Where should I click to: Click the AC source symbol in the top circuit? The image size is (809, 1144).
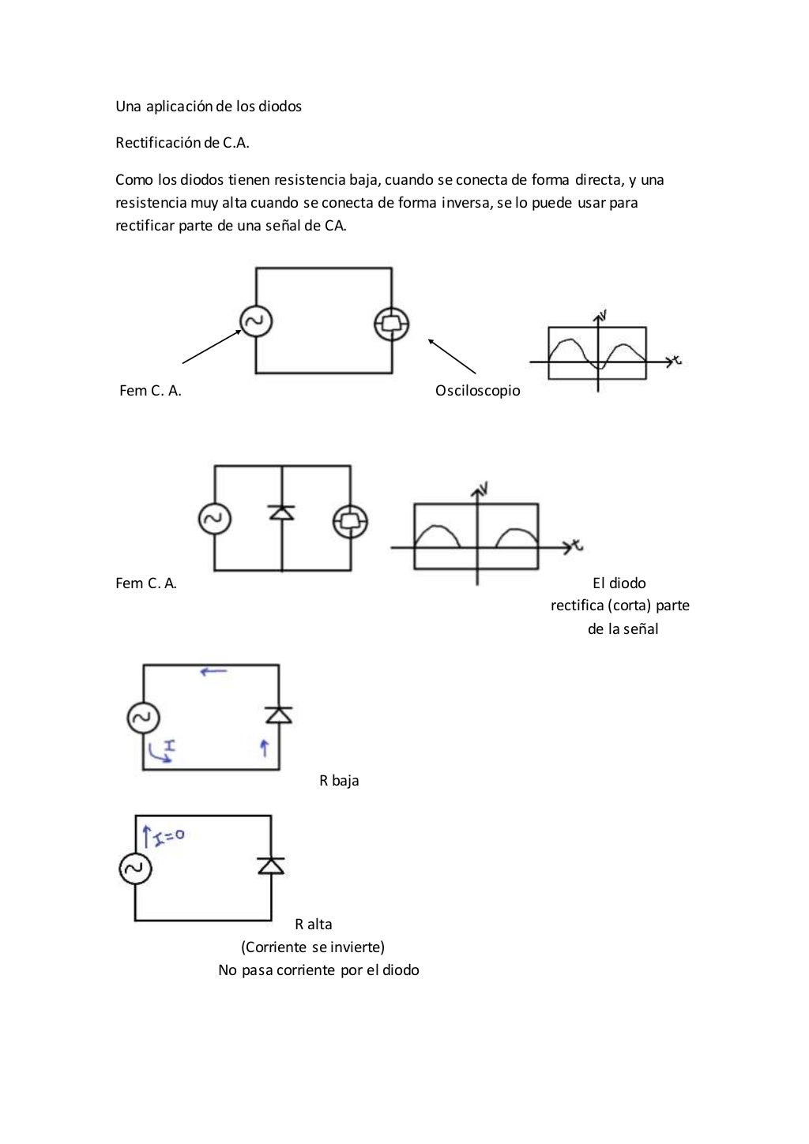coord(256,321)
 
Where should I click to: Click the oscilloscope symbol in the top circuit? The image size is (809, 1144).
coord(392,323)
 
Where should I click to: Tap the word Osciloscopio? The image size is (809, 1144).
coord(478,391)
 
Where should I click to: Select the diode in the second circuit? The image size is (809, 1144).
coord(282,512)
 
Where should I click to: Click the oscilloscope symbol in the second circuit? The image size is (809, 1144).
coord(350,521)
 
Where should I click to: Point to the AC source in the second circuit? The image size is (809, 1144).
coord(214,519)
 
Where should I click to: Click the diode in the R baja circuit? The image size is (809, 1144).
coord(278,715)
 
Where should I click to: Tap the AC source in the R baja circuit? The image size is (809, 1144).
coord(143,718)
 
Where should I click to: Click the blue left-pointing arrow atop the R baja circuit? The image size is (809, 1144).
coord(213,672)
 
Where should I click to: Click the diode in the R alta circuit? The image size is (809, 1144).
coord(271,865)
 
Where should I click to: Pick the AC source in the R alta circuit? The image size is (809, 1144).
coord(135,869)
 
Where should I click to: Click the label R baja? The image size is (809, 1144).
coord(339,781)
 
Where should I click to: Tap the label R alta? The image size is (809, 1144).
coord(314,925)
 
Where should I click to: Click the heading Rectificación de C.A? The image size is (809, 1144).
coord(182,143)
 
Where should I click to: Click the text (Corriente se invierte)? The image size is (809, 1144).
coord(313,947)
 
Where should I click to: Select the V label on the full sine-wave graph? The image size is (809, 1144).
coord(604,316)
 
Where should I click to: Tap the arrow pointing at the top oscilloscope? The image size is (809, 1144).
coord(452,356)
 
